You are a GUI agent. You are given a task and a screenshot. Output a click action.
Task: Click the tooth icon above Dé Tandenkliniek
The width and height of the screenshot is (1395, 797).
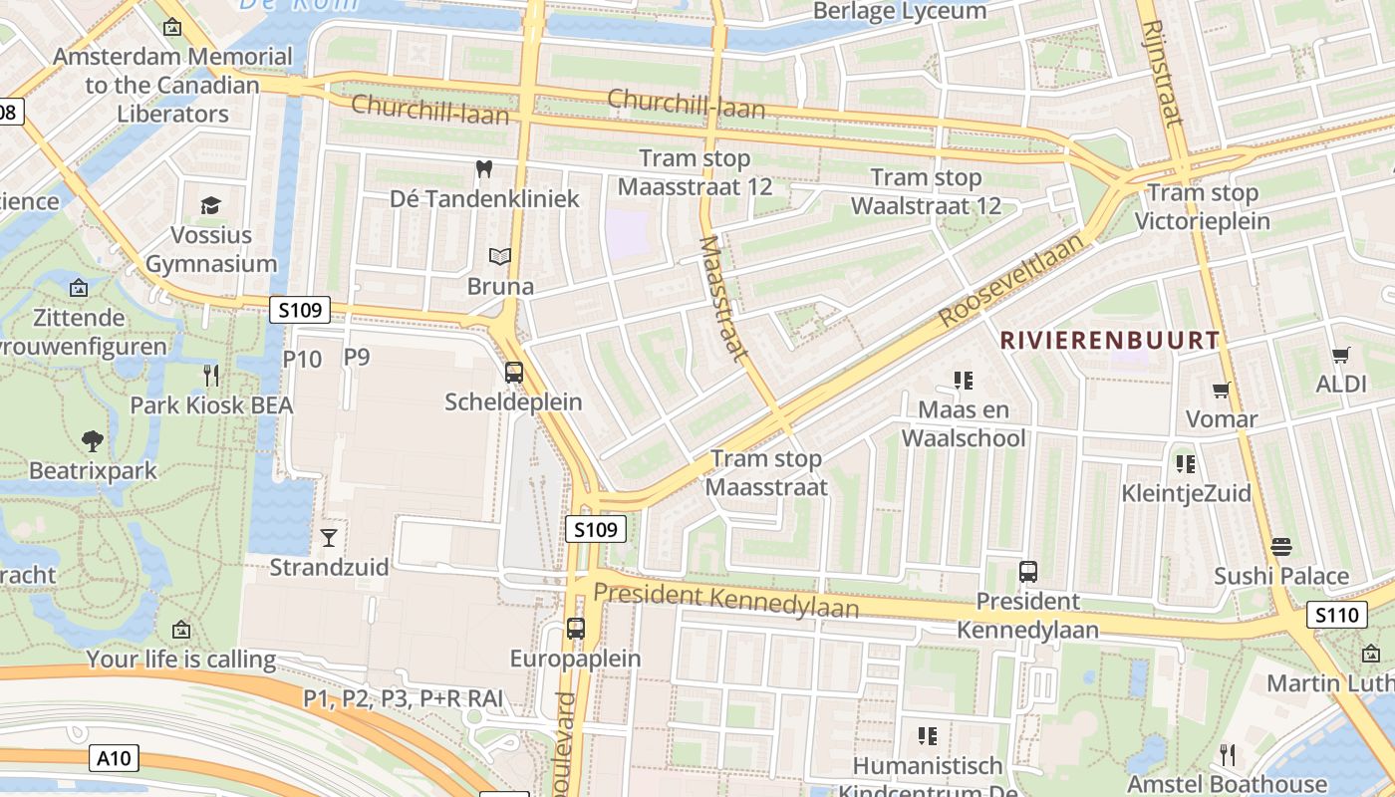pos(484,169)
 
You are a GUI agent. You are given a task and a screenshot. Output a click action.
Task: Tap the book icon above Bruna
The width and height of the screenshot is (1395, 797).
pos(500,257)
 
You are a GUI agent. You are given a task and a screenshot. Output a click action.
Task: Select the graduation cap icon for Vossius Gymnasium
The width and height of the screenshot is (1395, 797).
pos(210,206)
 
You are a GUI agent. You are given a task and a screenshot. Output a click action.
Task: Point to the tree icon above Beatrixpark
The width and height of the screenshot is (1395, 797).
pos(93,440)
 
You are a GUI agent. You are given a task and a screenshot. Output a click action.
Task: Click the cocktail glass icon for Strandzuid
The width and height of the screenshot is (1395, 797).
pos(329,538)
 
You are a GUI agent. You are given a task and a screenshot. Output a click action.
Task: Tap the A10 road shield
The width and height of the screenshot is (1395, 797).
pos(114,758)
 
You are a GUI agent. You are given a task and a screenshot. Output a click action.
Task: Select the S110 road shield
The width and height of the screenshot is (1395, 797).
pos(1336,615)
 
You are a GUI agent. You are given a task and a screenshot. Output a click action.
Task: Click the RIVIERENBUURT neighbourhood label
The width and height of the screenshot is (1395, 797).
pos(1109,340)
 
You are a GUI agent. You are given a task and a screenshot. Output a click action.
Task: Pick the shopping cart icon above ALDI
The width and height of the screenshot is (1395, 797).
pos(1341,355)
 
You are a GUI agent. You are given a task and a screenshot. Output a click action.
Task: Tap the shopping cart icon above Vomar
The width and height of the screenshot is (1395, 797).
pos(1222,390)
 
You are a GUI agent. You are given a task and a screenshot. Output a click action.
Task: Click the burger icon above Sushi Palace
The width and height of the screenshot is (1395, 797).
pos(1281,546)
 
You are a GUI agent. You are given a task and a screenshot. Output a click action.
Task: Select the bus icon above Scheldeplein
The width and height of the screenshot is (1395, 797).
pos(514,373)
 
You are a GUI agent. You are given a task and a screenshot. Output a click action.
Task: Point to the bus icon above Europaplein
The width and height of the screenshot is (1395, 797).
pos(576,629)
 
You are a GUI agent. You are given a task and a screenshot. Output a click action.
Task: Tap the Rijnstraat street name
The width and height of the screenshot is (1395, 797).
pos(1163,74)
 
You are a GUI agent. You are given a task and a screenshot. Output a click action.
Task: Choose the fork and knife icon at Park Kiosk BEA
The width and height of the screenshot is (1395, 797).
pos(211,376)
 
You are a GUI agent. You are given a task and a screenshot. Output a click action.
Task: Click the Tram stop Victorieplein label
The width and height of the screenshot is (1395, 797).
pos(1203,206)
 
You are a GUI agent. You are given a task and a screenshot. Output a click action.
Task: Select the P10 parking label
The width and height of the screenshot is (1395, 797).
pos(303,359)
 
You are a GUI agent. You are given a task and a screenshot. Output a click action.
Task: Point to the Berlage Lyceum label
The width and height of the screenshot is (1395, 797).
pos(900,11)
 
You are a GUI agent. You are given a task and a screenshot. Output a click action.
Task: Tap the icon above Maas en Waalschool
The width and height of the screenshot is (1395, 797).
pos(963,380)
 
